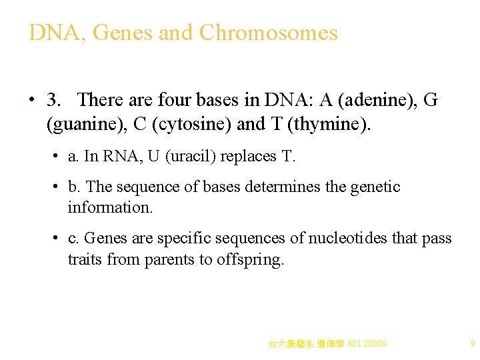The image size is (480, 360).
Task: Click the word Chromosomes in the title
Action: [268, 33]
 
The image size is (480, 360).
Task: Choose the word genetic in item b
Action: [373, 187]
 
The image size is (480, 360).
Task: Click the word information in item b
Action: [110, 207]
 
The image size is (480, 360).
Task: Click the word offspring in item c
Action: [249, 260]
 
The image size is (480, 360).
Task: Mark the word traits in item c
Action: [84, 260]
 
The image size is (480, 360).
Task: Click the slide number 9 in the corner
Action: [472, 344]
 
